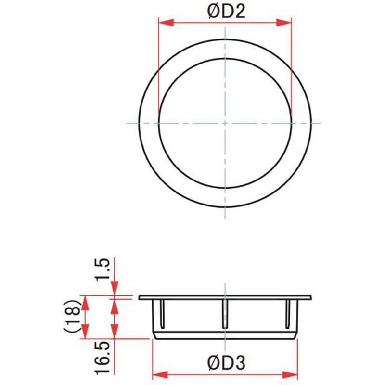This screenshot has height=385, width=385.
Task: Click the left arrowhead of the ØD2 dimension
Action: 164,22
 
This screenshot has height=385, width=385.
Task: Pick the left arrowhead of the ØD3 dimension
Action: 157,375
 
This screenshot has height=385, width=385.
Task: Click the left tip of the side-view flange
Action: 140,297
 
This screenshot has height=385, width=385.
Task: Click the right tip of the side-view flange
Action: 311,297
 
